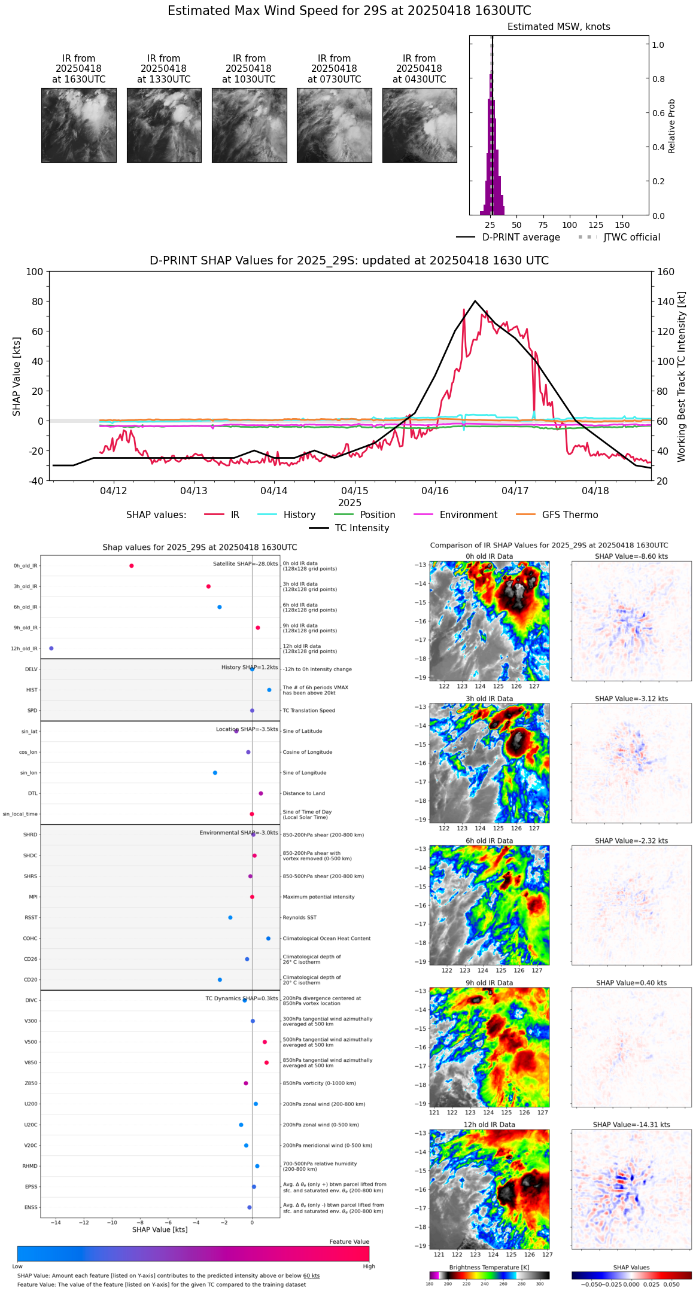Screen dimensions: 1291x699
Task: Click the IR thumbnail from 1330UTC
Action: click(x=164, y=125)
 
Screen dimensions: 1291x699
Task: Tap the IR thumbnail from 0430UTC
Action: click(x=420, y=125)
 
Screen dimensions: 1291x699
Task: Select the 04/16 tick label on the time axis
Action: click(x=435, y=491)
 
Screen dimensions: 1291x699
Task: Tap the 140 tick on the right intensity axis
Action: click(x=666, y=302)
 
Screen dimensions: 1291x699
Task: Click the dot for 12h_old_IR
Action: click(x=51, y=648)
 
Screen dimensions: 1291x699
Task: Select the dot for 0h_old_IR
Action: click(x=132, y=566)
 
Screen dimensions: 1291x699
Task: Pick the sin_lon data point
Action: click(x=215, y=773)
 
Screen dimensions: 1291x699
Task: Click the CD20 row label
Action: click(x=31, y=980)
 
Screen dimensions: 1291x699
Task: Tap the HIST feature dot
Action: click(x=269, y=690)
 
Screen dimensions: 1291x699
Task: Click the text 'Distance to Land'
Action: click(x=303, y=794)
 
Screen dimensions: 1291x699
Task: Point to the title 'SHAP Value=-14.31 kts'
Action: click(x=631, y=1125)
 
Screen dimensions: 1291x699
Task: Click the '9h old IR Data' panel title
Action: click(x=489, y=983)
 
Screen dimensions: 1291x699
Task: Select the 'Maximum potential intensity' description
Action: click(x=318, y=897)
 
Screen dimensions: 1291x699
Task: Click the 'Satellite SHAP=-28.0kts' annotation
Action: click(x=245, y=564)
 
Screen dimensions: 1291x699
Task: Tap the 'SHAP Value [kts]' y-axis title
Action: click(x=17, y=376)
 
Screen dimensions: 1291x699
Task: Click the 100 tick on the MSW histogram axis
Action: click(x=569, y=226)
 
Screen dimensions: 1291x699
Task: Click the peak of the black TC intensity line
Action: click(x=475, y=301)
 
